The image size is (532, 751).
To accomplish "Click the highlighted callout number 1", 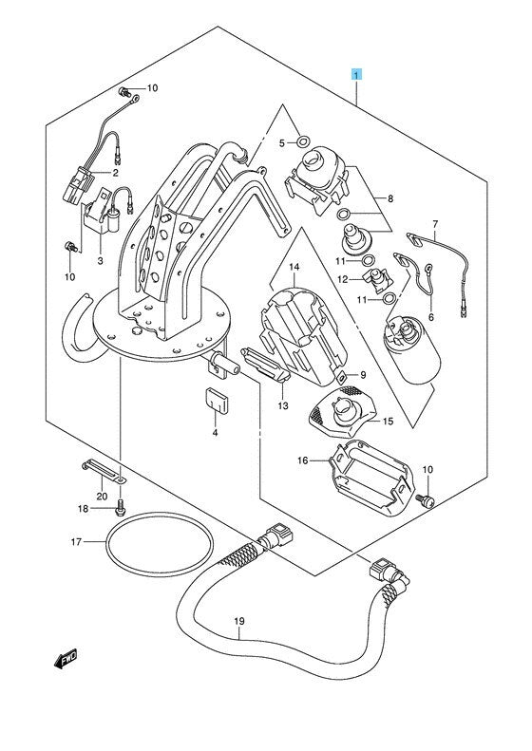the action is pyautogui.click(x=356, y=75).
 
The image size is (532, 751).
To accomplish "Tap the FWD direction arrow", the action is pyautogui.click(x=66, y=659).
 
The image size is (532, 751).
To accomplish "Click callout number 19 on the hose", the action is pyautogui.click(x=239, y=621).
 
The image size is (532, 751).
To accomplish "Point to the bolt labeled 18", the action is pyautogui.click(x=120, y=507).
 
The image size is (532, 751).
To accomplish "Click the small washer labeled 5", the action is pyautogui.click(x=302, y=141).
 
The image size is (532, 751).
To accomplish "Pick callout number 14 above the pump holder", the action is pyautogui.click(x=294, y=266).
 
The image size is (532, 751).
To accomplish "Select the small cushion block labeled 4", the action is pyautogui.click(x=218, y=400).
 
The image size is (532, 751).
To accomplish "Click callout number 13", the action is pyautogui.click(x=283, y=405).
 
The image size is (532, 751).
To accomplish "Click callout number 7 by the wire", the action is pyautogui.click(x=435, y=224).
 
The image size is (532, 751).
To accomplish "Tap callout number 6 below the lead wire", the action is pyautogui.click(x=431, y=317).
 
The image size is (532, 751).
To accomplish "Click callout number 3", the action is pyautogui.click(x=100, y=260).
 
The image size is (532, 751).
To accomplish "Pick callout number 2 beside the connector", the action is pyautogui.click(x=116, y=173).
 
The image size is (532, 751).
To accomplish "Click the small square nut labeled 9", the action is pyautogui.click(x=343, y=377).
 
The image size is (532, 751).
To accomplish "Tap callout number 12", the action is pyautogui.click(x=355, y=279).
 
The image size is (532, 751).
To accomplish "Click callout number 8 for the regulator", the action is pyautogui.click(x=390, y=198).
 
